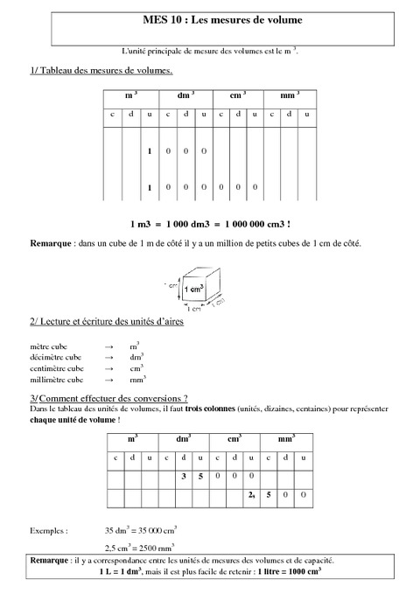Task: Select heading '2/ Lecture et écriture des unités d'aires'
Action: pyautogui.click(x=111, y=322)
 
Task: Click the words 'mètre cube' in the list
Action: pyautogui.click(x=48, y=346)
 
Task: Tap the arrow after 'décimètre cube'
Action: pyautogui.click(x=108, y=358)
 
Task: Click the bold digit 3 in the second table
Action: pyautogui.click(x=184, y=477)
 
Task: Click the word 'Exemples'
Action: pyautogui.click(x=49, y=530)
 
